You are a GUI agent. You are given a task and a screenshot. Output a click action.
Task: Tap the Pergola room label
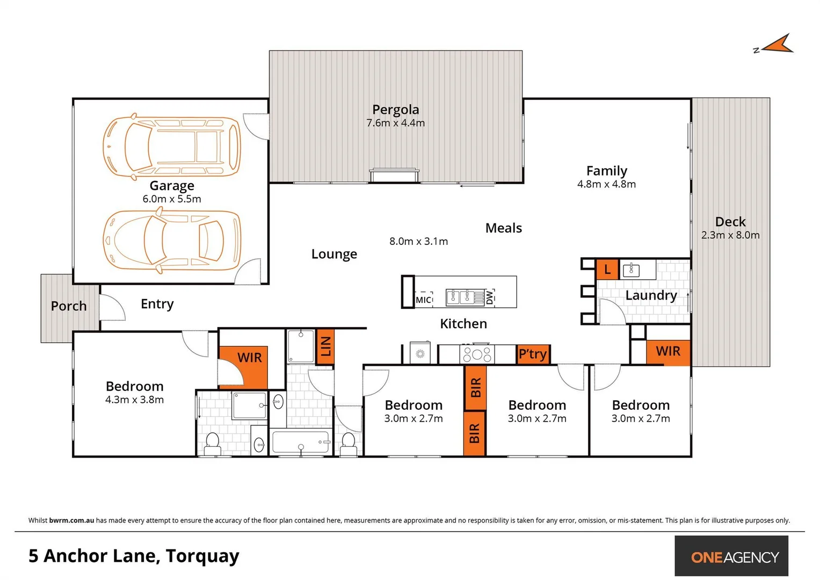coord(395,110)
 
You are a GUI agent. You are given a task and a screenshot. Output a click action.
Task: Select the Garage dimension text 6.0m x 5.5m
coord(172,199)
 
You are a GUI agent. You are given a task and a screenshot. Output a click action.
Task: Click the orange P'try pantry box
coord(533,354)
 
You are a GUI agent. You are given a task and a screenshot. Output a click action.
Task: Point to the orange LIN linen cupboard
coord(325,346)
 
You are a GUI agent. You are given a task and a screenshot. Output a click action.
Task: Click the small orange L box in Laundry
coord(607,269)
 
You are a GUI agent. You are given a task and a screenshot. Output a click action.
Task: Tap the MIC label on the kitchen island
coord(423,300)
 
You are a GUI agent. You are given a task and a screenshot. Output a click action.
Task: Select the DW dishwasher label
coord(489,297)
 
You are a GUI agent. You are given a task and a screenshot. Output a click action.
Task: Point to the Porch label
coord(69,306)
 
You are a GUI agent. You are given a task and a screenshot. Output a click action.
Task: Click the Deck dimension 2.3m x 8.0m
coord(730,235)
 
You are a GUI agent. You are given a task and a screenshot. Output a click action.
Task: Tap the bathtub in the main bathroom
coord(301,443)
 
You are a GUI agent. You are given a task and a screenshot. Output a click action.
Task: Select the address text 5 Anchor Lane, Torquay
coord(134,556)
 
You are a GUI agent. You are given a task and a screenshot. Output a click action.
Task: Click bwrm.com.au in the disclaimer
coord(71,520)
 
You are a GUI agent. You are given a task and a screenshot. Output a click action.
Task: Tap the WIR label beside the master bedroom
coord(249,358)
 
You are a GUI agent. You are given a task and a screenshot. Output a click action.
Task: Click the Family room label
coord(606,171)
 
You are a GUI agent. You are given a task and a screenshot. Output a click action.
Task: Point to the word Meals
coord(503,228)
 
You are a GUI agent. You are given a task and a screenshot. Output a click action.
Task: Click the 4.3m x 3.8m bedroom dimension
coord(134,400)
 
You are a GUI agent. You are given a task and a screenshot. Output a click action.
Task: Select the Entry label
coord(157,304)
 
